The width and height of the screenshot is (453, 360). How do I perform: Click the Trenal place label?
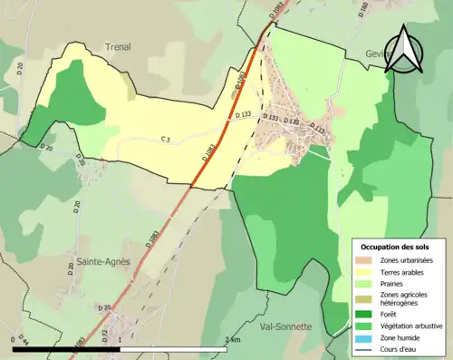pos(117,47)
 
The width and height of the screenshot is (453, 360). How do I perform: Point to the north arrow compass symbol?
pos(404,52)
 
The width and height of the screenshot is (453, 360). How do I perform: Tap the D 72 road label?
pos(105,336)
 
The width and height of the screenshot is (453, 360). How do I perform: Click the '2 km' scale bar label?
pos(234,339)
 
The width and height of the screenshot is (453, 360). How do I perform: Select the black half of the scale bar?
pos(68,348)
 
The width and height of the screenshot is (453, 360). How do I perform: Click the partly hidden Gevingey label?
pos(375,54)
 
